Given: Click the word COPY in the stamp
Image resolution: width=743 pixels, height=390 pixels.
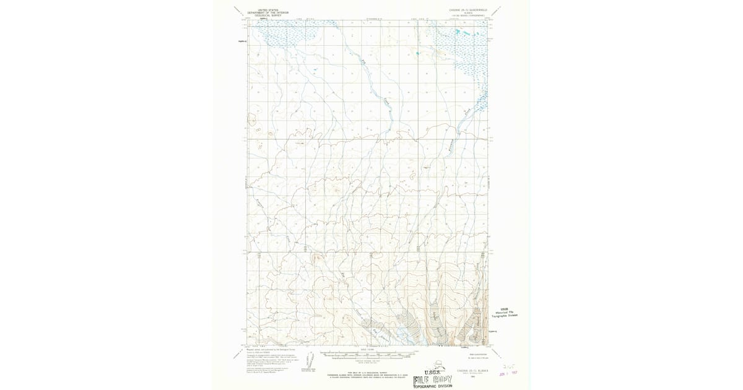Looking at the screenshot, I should pos(442,379).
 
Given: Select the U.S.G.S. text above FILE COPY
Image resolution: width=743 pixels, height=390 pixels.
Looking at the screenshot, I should pos(431,371).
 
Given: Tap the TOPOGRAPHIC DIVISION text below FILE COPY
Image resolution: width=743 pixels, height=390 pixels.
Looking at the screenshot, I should pos(433,386).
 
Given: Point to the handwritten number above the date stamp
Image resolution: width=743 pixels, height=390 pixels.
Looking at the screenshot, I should pos(510,366).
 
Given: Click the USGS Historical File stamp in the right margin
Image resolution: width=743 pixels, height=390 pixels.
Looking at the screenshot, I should pos(507,313).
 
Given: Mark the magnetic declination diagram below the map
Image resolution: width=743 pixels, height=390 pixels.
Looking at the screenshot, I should pos(308,360).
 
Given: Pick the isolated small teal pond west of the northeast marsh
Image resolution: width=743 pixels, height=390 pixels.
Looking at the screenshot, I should pos(417,54).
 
